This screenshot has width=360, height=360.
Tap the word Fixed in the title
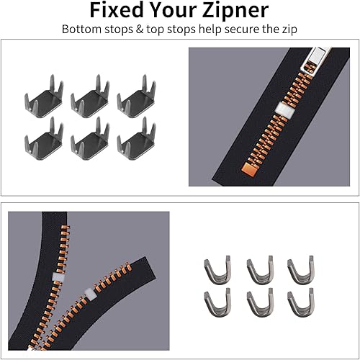coord(117,9)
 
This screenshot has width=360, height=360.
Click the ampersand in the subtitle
coord(140,30)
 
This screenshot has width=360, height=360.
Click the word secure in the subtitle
coord(242,30)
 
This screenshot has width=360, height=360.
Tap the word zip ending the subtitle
coord(289,30)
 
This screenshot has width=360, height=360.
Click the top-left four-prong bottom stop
coord(44,96)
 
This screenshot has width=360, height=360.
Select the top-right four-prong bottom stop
coord(136,96)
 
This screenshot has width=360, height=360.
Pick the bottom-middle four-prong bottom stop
coord(90,139)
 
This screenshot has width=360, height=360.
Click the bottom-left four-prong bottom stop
coord(44,139)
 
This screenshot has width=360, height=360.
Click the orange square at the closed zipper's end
coord(250,169)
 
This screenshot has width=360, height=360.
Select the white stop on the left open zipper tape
coord(58,276)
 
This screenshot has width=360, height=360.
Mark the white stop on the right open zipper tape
coord(91,294)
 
